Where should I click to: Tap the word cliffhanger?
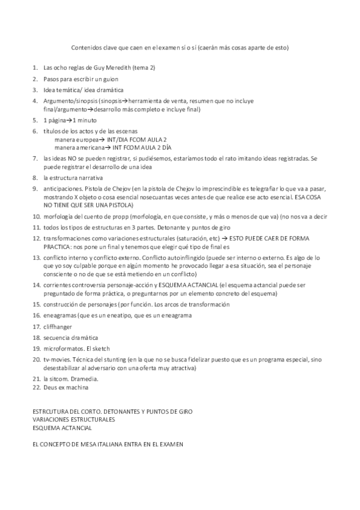coord(59,326)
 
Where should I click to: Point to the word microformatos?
coord(65,348)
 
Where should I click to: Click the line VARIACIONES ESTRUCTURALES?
coord(73,419)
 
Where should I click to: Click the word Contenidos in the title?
coord(87,47)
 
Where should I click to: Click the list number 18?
coord(35,337)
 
